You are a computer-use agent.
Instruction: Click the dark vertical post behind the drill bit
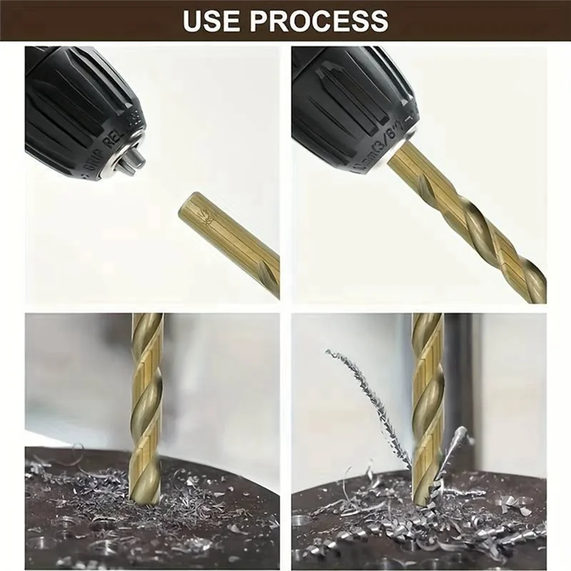(458, 378)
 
